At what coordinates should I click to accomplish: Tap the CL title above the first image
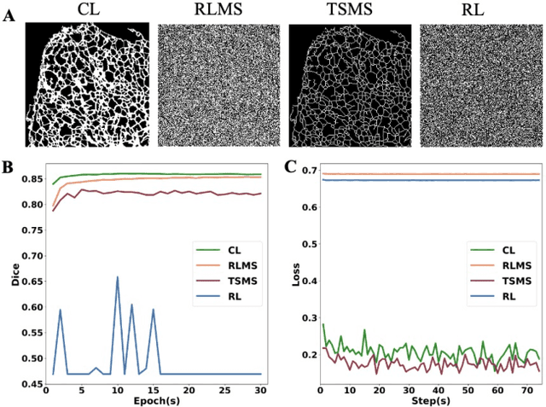click(88, 9)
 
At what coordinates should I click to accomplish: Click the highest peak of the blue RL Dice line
click(117, 277)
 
